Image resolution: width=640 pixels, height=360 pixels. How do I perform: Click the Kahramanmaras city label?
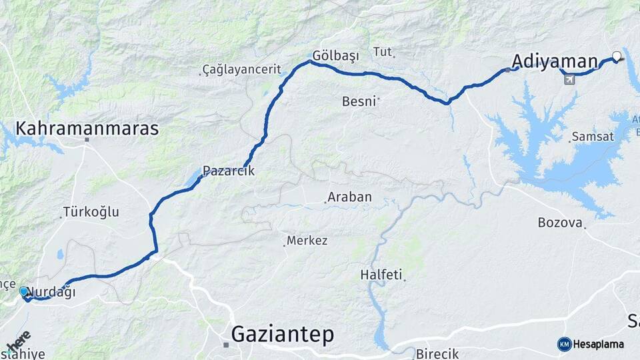point(87,128)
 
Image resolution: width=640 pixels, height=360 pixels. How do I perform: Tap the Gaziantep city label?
point(283,335)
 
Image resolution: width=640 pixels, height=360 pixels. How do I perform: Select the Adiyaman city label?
point(555,62)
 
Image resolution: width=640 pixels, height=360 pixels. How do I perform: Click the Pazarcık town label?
point(229,171)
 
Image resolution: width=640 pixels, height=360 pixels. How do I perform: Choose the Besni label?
point(359,101)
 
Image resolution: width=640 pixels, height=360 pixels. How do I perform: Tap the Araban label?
point(349,198)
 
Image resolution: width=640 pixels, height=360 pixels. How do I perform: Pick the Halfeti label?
point(381,274)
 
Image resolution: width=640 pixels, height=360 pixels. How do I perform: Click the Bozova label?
point(560,223)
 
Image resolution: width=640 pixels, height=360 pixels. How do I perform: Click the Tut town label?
point(383,51)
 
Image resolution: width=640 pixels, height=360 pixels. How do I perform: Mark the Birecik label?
point(438,353)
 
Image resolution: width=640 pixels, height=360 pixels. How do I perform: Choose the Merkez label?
point(307,241)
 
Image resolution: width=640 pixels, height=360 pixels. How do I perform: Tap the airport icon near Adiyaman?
point(569,80)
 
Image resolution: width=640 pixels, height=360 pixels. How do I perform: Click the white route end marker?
point(617,56)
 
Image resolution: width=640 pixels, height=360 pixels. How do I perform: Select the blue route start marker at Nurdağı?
point(24,291)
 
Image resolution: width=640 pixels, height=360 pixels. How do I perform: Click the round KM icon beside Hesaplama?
point(565,344)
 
